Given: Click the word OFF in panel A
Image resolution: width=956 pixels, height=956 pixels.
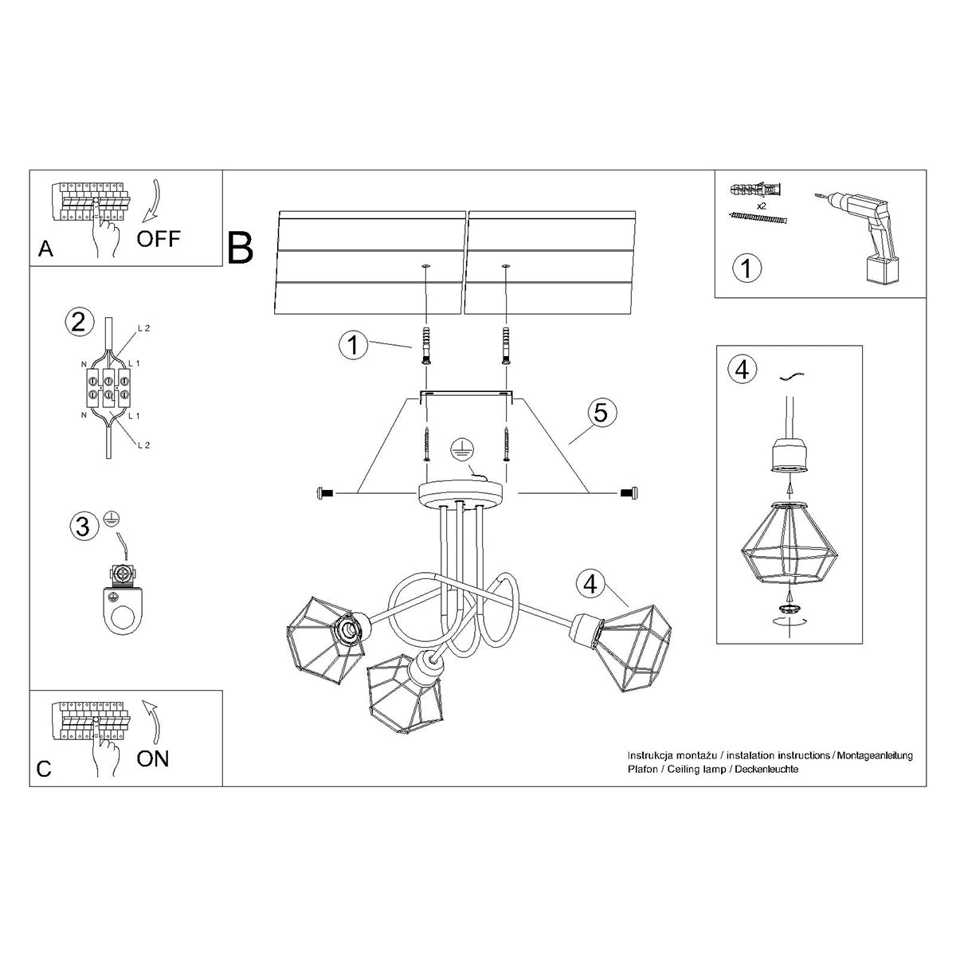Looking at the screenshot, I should (159, 237).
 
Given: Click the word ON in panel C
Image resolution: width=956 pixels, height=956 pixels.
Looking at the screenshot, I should (152, 758).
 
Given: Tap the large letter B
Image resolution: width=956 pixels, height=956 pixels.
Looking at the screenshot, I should (241, 248).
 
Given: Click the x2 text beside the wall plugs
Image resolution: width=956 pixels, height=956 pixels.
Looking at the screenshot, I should (762, 206).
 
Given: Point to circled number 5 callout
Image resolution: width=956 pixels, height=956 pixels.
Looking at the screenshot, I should (601, 413).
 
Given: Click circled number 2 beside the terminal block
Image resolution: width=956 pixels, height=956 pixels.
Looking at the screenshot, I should (76, 322).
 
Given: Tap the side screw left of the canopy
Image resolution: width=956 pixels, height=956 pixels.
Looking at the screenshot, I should (326, 495).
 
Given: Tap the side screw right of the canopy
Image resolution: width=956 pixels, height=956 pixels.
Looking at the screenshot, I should (628, 495).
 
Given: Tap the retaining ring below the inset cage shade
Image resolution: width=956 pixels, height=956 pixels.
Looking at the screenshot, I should (788, 608).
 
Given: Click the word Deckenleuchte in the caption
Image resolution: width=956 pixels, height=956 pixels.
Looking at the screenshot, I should (766, 769).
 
